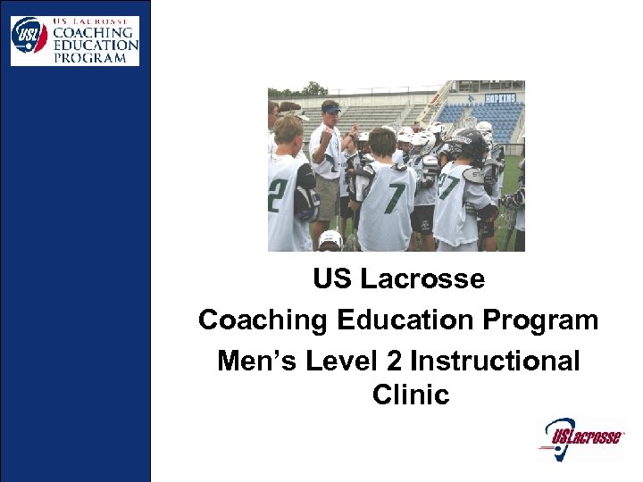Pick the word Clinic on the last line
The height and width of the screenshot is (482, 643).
[x=411, y=395]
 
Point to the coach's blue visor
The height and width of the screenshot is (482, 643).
[x=331, y=109]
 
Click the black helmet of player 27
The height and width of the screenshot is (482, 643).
[x=470, y=143]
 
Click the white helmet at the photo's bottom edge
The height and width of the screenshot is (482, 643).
[x=330, y=241]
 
